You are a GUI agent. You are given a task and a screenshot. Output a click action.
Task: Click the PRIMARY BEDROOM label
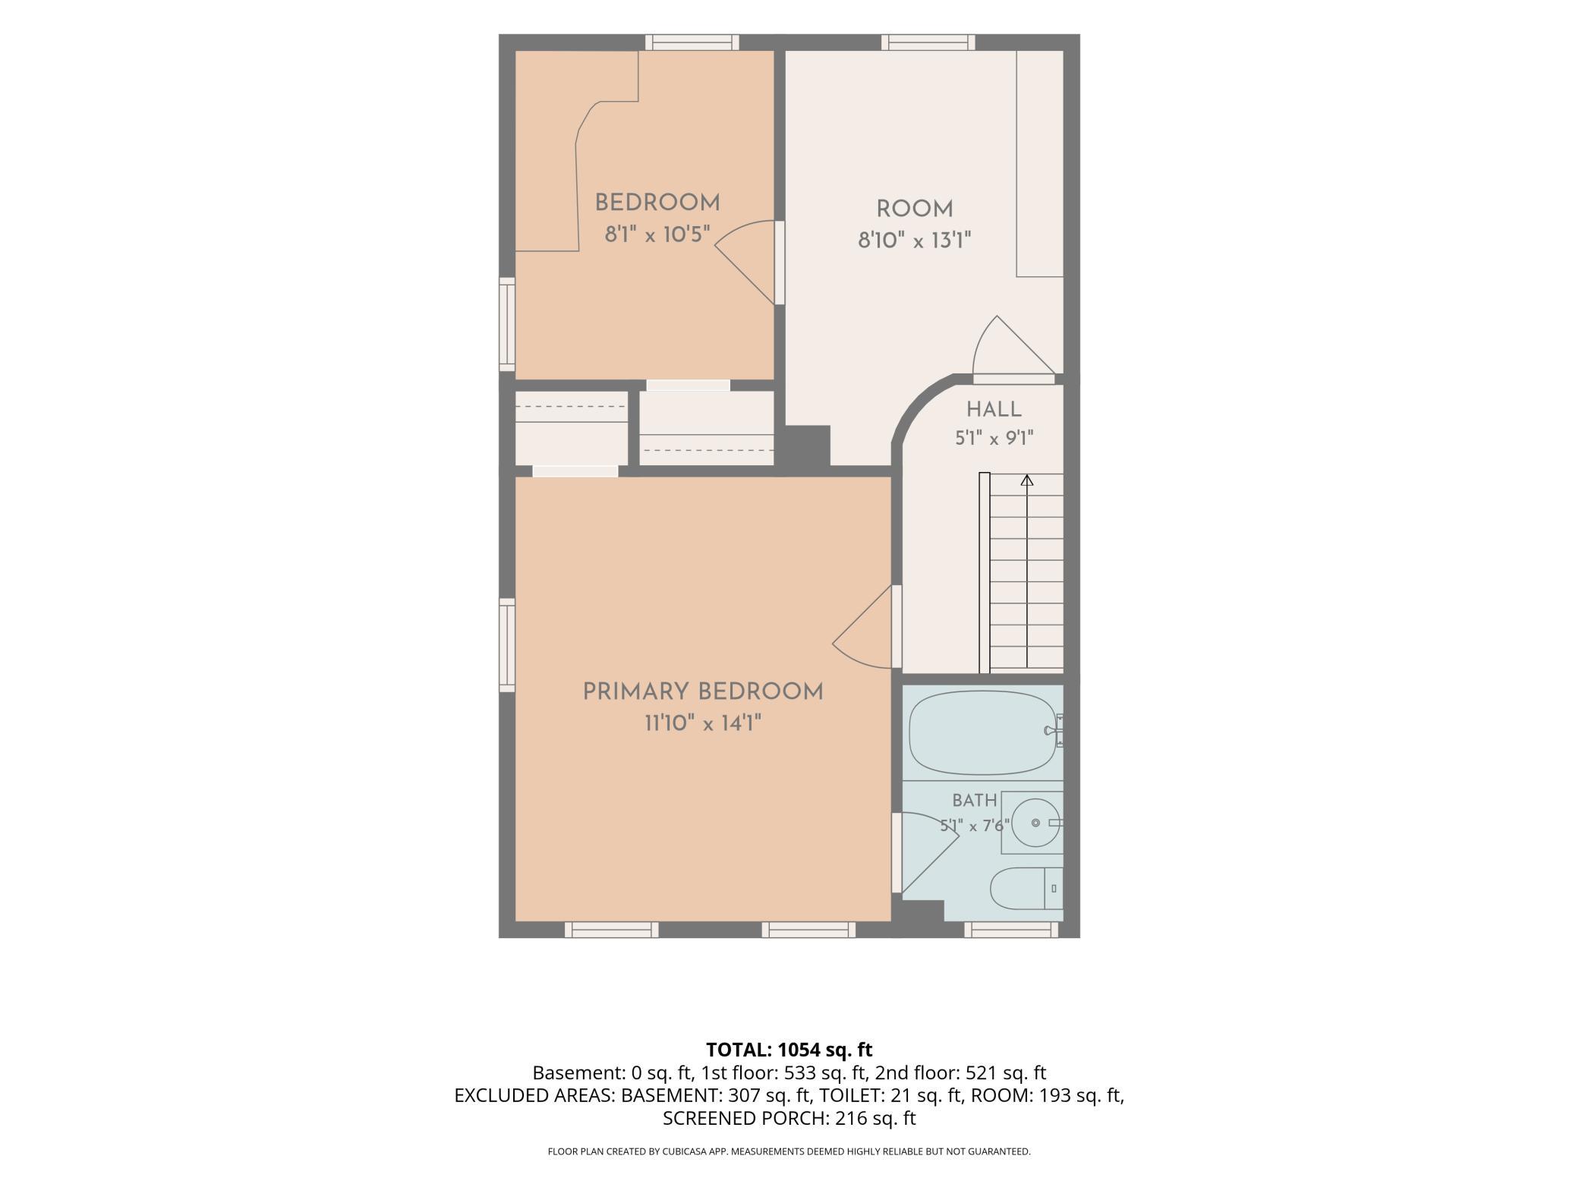(703, 692)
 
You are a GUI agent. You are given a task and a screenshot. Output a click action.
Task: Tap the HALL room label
(994, 410)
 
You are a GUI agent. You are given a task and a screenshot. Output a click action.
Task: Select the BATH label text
(975, 800)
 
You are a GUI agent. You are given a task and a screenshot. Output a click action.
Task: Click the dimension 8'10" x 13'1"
(915, 241)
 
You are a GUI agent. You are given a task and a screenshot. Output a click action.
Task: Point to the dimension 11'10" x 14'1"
(703, 723)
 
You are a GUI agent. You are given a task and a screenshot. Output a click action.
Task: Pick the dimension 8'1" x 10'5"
(657, 235)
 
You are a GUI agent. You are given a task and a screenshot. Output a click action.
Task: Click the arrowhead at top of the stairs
(1027, 480)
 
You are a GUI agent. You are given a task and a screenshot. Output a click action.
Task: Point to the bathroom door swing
(926, 852)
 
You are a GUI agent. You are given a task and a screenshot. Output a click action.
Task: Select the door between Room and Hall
(1014, 350)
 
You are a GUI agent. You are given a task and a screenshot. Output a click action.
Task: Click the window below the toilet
(1011, 930)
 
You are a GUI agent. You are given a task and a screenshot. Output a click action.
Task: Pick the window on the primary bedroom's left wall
(506, 645)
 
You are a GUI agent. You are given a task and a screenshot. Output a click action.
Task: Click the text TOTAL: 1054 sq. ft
(789, 1050)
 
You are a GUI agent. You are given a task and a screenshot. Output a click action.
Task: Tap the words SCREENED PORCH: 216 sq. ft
(789, 1118)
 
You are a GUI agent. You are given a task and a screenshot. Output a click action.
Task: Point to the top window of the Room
(928, 43)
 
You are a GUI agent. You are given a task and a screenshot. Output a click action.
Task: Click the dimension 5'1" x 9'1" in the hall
(994, 439)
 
